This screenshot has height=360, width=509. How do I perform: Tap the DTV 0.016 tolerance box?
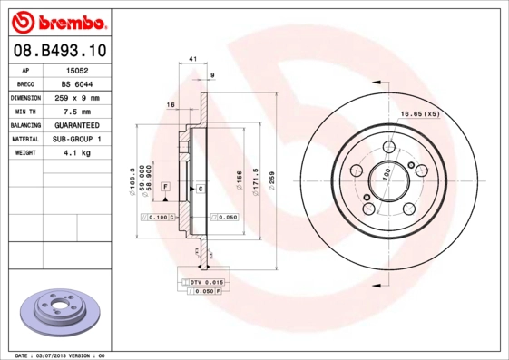coord(202,283)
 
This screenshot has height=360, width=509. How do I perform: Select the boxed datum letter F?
coord(166,186)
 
